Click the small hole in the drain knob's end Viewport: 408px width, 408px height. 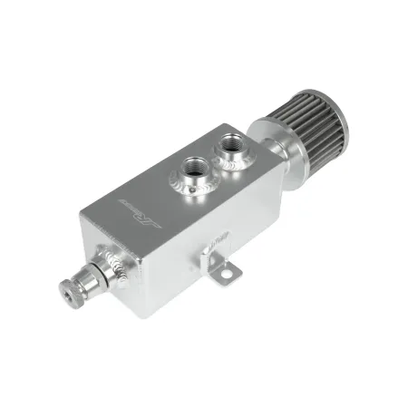coord(65,292)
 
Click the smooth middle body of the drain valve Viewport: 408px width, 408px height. coord(95,273)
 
